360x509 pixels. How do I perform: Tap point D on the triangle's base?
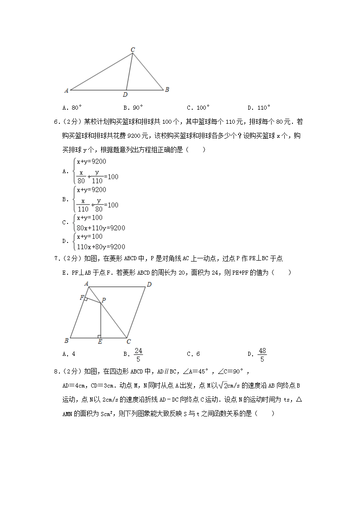125,94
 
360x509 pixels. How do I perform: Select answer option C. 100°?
198,108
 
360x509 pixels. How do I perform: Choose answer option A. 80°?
73,108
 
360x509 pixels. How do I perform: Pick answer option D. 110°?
259,108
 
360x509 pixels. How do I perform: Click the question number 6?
56,122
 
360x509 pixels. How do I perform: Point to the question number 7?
56,259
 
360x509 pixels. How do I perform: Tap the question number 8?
56,372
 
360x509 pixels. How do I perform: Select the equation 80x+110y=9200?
101,228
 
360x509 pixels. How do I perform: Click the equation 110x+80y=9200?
101,247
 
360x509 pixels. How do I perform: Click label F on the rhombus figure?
81,298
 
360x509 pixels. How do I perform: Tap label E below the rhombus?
100,342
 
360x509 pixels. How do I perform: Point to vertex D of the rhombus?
149,285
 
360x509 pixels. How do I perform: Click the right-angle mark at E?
99,336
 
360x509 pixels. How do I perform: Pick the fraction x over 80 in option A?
82,176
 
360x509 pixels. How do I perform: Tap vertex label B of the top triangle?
167,90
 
